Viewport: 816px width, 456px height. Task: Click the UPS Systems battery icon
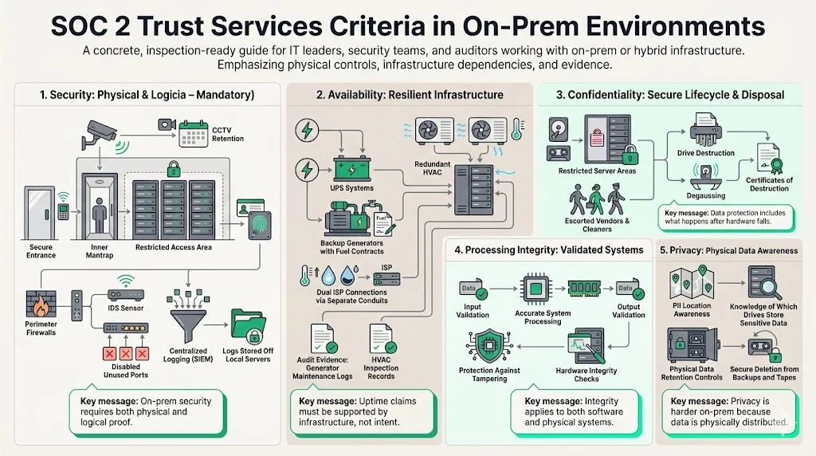pos(351,170)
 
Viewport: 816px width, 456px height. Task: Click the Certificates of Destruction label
pos(769,185)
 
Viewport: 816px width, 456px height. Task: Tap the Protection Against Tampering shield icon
pos(488,343)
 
